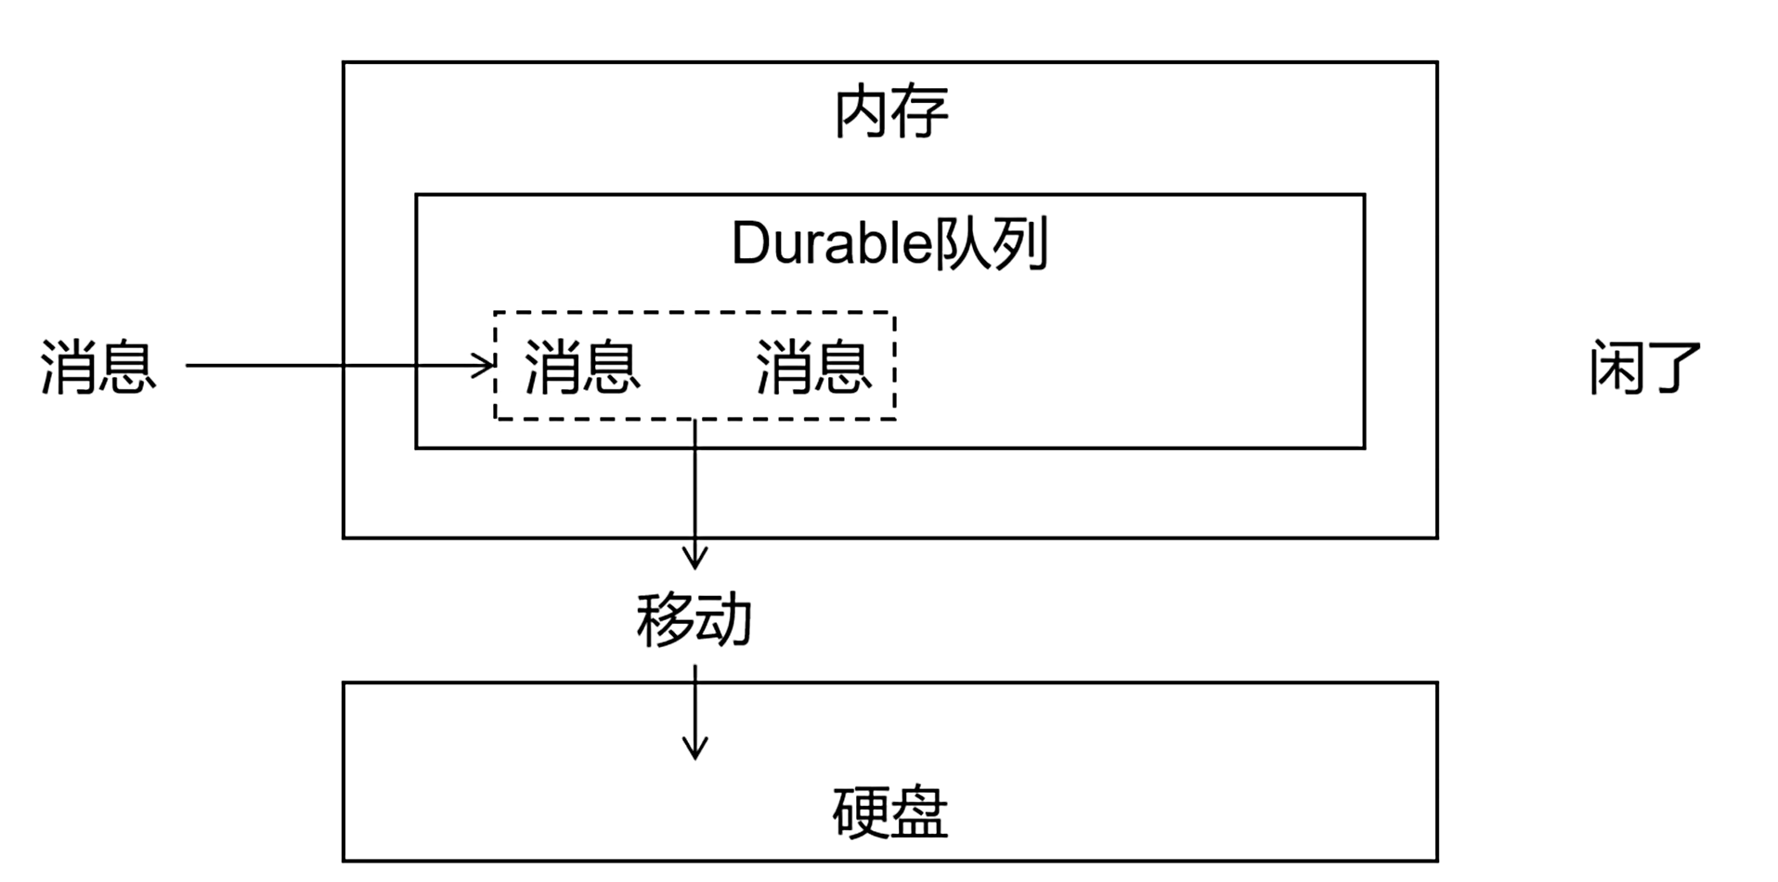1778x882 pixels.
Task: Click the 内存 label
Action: (x=890, y=112)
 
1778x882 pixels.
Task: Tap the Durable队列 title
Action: (x=889, y=243)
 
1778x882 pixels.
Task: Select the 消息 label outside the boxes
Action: (x=97, y=367)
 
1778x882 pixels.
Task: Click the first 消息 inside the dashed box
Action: (x=582, y=367)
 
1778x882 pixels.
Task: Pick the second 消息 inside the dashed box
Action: (x=813, y=367)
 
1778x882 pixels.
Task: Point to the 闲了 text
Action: (x=1644, y=368)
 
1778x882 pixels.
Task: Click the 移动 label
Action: (x=694, y=619)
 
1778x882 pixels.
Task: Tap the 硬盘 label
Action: (x=889, y=813)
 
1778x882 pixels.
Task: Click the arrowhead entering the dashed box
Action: (x=487, y=366)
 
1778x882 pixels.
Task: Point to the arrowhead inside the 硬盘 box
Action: (x=694, y=749)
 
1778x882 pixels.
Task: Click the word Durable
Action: (x=831, y=243)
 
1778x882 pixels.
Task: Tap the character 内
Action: (x=863, y=112)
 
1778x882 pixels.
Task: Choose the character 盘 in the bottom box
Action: (x=919, y=813)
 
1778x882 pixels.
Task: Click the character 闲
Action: (x=1616, y=368)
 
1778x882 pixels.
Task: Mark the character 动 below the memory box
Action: (x=723, y=619)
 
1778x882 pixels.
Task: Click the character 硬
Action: (x=861, y=813)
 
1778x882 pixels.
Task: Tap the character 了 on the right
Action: (x=1673, y=368)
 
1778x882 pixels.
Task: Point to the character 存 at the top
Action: (x=920, y=112)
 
